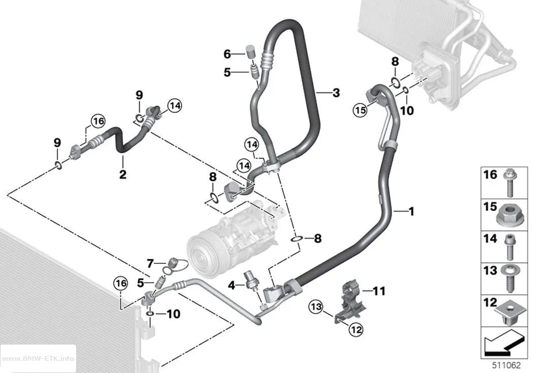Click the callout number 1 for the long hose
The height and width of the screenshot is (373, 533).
pos(411,212)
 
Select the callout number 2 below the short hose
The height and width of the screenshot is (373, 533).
pos(123,174)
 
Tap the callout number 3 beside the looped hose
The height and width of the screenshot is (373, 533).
pos(336,92)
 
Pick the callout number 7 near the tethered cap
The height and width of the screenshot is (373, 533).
pos(150,263)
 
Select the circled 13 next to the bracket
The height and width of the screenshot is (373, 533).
pos(316,307)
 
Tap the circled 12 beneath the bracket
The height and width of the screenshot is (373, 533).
pos(355,329)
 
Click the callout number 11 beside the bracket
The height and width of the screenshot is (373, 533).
pos(379,291)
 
